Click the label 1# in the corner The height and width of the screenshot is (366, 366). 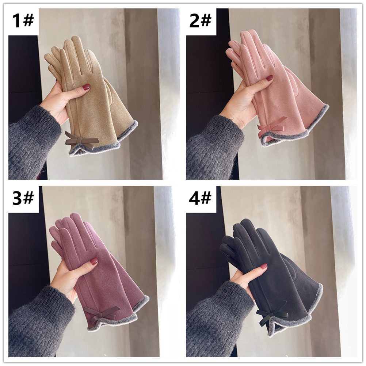click(23, 20)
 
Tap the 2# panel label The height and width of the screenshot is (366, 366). click(200, 20)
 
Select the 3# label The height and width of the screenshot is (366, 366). click(23, 198)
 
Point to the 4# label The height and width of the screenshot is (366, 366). click(200, 198)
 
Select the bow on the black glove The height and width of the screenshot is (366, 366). click(272, 313)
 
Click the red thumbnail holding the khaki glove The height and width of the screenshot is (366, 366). click(87, 87)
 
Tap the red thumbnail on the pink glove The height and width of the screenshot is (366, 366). click(270, 78)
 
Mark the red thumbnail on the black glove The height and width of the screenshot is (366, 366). click(264, 266)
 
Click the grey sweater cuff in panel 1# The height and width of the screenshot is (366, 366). click(33, 142)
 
